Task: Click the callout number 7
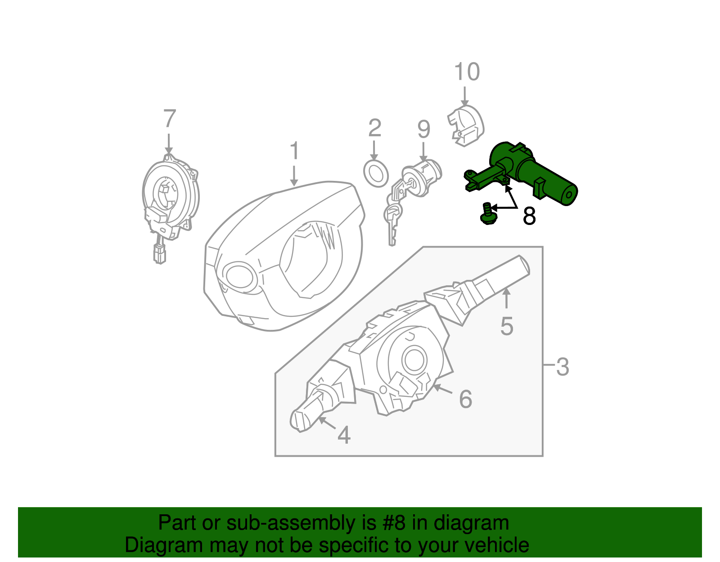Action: (x=169, y=119)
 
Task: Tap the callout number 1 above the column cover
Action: (x=294, y=151)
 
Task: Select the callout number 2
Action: (x=374, y=129)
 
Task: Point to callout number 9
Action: (x=423, y=130)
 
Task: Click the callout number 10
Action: (x=467, y=72)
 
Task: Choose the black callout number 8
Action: (x=529, y=216)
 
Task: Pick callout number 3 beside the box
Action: (x=562, y=367)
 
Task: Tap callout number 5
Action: (x=507, y=326)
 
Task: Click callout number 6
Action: (x=465, y=399)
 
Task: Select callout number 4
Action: (x=344, y=435)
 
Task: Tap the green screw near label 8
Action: (x=487, y=215)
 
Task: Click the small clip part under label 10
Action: (x=465, y=126)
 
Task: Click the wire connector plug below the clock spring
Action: (x=159, y=254)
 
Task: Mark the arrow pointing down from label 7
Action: (x=169, y=144)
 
